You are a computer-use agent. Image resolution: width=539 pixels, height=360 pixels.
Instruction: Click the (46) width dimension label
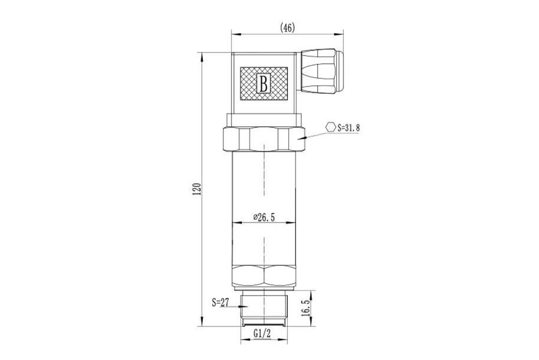click(x=287, y=28)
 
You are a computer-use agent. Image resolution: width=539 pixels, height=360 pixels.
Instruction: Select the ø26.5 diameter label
click(x=264, y=217)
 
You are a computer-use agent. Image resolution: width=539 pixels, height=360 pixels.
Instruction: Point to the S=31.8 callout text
click(x=348, y=127)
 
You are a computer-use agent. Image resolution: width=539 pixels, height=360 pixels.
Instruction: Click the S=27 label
click(x=221, y=303)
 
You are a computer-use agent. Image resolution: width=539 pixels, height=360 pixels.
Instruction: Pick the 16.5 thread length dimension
click(x=305, y=307)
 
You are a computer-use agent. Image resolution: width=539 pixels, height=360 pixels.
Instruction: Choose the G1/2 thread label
click(x=262, y=333)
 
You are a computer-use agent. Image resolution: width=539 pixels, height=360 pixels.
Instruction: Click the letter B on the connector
click(x=264, y=83)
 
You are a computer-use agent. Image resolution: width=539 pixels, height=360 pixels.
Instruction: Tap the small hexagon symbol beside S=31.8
click(x=331, y=127)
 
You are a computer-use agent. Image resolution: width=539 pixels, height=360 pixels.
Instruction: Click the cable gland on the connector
click(x=322, y=71)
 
